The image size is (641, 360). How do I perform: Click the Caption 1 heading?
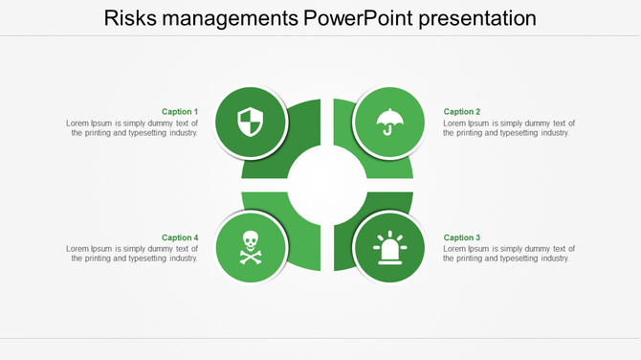click(x=180, y=112)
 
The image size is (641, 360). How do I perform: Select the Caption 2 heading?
click(x=462, y=112)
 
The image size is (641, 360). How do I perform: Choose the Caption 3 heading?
click(x=462, y=237)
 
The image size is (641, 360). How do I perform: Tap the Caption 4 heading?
click(x=180, y=237)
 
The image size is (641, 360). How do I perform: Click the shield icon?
click(x=250, y=123)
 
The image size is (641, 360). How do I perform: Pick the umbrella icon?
click(x=389, y=122)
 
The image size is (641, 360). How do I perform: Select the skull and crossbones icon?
click(x=250, y=248)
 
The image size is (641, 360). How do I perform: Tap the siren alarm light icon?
click(x=389, y=248)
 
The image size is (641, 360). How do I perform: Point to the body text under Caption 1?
click(x=132, y=128)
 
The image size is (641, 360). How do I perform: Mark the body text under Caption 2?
click(x=509, y=128)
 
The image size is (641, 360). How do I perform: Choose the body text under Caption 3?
click(x=509, y=254)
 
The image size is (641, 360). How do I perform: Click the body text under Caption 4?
click(x=132, y=254)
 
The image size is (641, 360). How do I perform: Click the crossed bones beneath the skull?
click(x=250, y=258)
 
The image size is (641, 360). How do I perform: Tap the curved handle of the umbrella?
click(x=387, y=131)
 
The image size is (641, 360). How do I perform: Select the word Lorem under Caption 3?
click(x=455, y=249)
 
